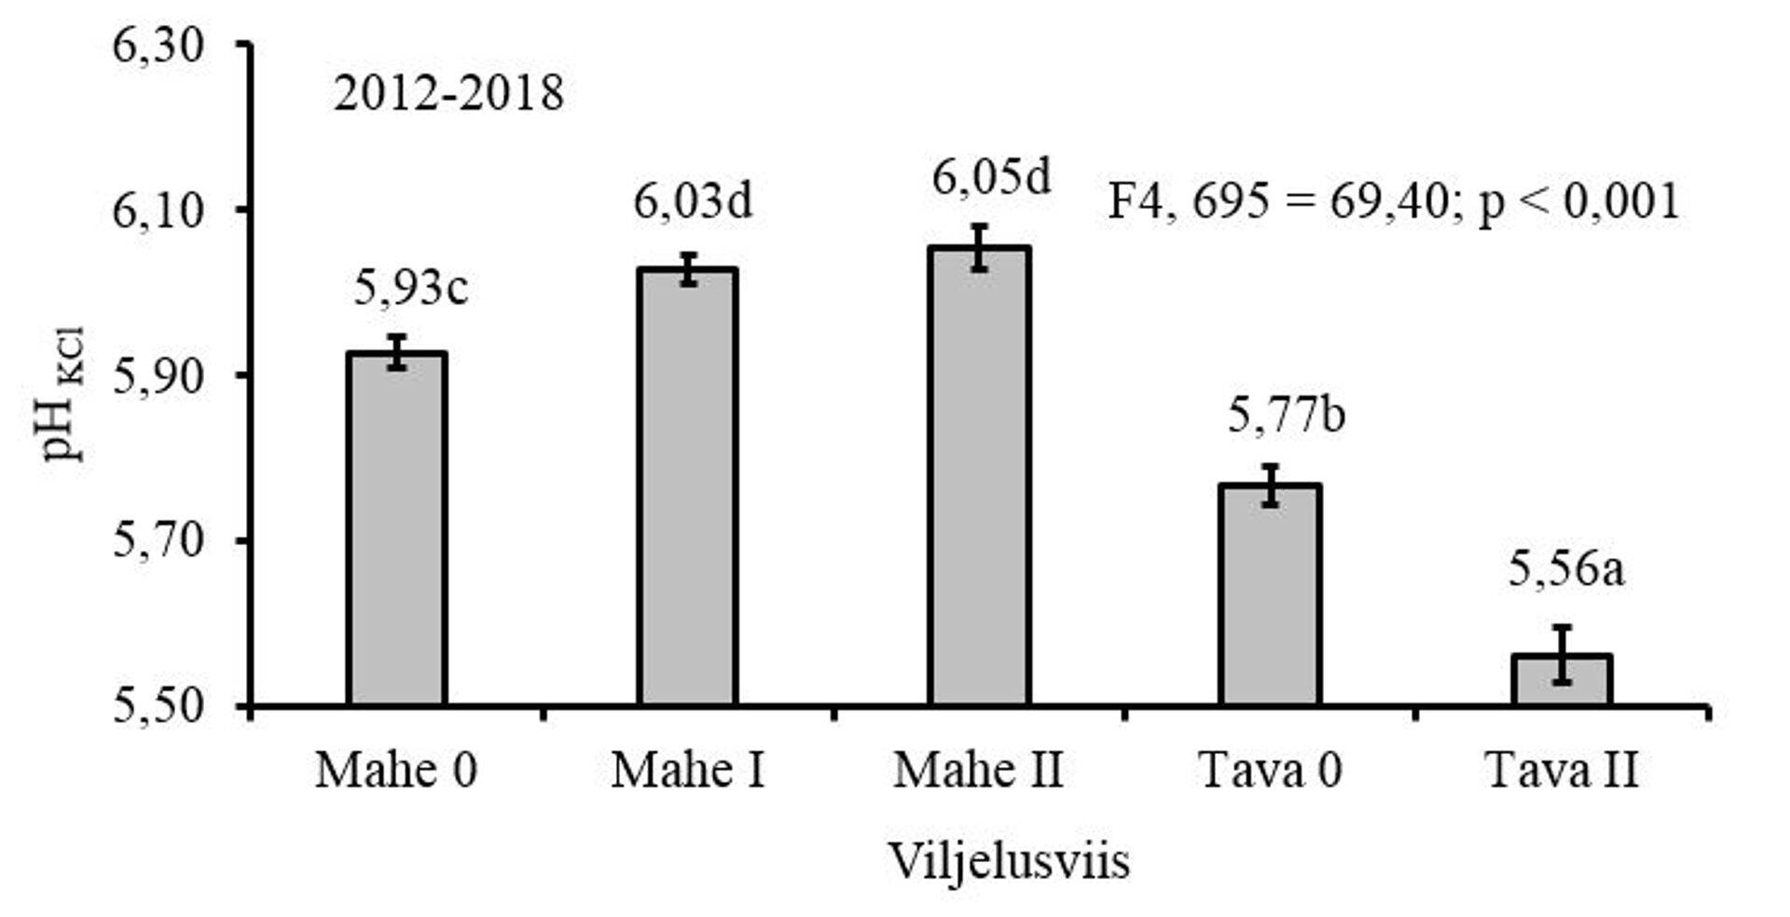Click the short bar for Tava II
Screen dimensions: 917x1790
point(1562,681)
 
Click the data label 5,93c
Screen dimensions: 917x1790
point(411,288)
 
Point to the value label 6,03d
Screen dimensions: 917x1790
point(693,201)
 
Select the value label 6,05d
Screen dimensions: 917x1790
point(991,177)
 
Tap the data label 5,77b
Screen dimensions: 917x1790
point(1286,415)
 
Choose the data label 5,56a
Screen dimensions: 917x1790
point(1566,569)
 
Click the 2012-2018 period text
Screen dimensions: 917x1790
point(448,94)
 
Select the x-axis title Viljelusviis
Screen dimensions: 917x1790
point(1009,860)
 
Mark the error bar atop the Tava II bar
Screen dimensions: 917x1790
point(1562,654)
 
